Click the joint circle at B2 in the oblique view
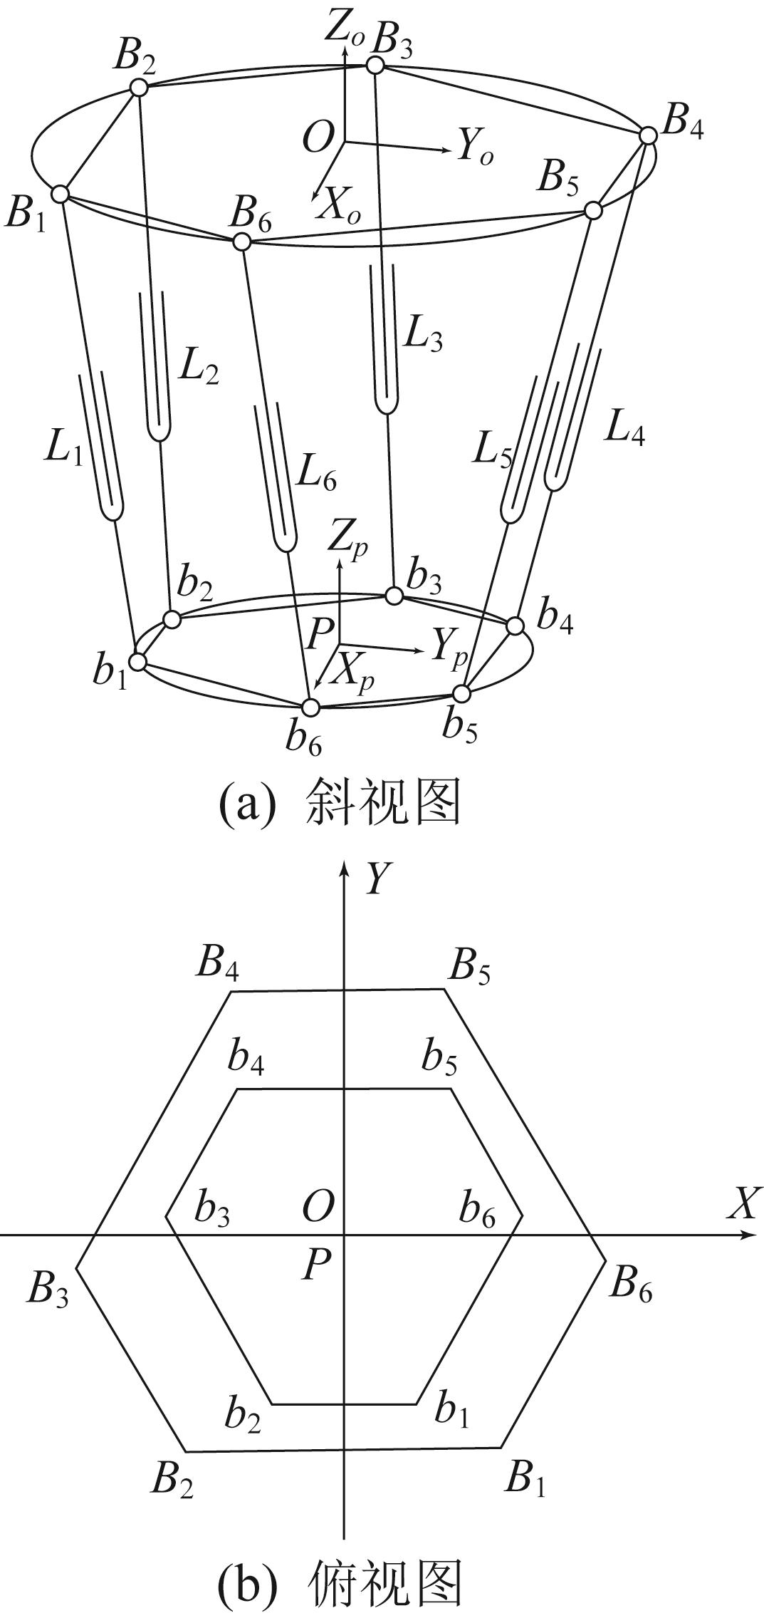(x=138, y=87)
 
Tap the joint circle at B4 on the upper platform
(x=648, y=135)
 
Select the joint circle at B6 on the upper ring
(x=242, y=241)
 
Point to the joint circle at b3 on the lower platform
(x=393, y=596)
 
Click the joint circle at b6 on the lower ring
(x=310, y=707)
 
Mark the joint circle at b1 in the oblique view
(x=138, y=661)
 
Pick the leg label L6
(x=316, y=473)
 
